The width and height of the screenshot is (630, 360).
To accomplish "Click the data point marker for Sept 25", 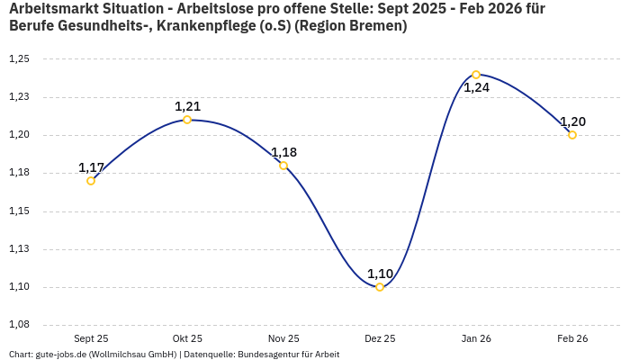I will [x=91, y=181].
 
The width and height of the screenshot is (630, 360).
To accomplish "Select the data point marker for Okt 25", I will [x=187, y=120].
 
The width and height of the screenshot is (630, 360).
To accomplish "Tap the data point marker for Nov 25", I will [x=283, y=166].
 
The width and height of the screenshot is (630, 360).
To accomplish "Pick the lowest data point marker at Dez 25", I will [x=380, y=287].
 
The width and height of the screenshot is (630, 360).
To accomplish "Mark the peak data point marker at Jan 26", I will [x=476, y=75].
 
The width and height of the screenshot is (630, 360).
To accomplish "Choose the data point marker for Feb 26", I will [x=572, y=135].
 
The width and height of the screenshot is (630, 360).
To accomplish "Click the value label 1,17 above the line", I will [x=91, y=167].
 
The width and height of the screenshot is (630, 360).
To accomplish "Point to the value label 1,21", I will [x=187, y=106].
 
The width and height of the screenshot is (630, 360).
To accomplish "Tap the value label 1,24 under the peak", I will [x=476, y=88].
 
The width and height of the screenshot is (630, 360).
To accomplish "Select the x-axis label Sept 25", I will [x=91, y=339].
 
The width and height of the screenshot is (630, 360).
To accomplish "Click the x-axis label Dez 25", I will [x=380, y=339].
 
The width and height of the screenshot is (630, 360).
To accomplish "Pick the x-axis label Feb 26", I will [x=572, y=339].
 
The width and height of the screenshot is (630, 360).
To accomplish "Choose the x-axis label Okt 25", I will [x=187, y=339].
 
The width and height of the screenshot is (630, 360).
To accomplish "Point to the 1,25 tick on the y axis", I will [x=19, y=59].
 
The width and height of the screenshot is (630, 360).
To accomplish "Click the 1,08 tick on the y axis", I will [x=19, y=325].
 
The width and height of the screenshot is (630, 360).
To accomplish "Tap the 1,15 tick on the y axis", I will [x=19, y=211].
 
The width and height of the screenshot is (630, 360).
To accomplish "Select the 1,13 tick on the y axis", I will [x=19, y=249].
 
